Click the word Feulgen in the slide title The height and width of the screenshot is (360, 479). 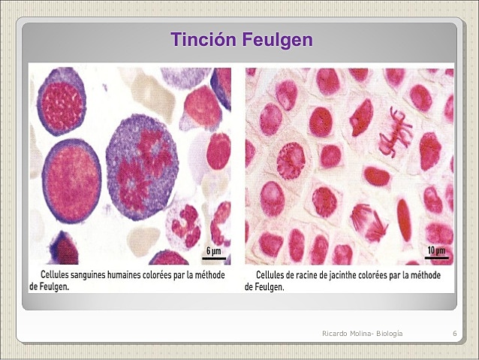pyautogui.click(x=278, y=40)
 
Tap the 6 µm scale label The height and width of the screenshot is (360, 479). pyautogui.click(x=213, y=251)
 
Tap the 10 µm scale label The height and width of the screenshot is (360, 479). pyautogui.click(x=435, y=250)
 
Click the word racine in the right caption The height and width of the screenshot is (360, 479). pyautogui.click(x=309, y=275)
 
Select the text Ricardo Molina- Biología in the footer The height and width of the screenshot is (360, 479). pyautogui.click(x=362, y=333)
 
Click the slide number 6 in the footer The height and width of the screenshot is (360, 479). pyautogui.click(x=455, y=333)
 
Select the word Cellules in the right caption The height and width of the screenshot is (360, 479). pyautogui.click(x=275, y=275)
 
